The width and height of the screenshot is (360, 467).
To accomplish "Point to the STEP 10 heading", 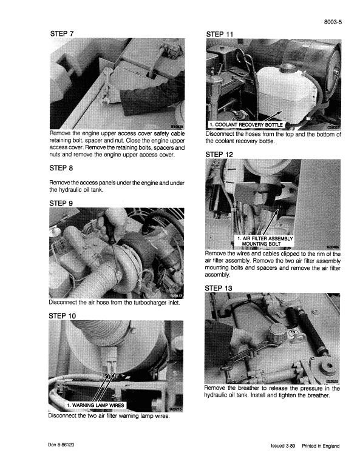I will point(63,316).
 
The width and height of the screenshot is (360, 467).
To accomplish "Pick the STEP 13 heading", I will point(220,287).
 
